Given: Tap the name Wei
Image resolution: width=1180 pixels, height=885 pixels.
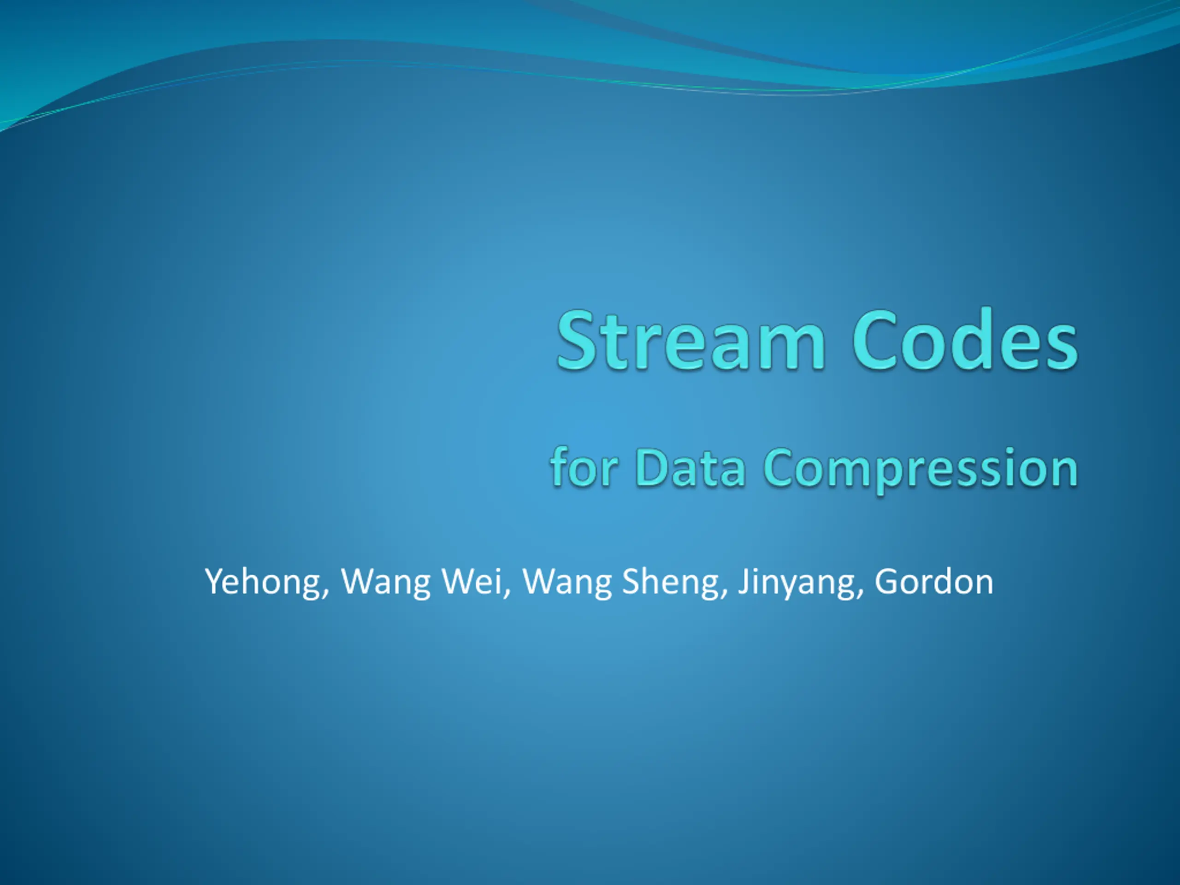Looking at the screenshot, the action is coord(472,581).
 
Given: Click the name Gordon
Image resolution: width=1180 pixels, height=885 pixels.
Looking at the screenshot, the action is coord(933,581).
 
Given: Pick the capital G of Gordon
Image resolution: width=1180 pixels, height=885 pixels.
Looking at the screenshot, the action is coord(885,581).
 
